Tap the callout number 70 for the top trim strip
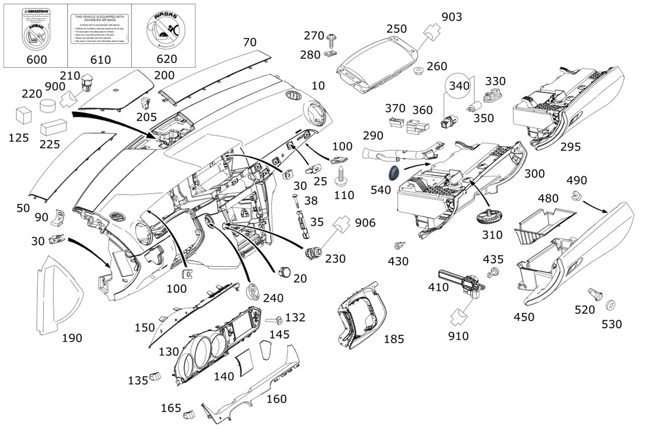(x=249, y=42)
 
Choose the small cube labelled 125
(x=25, y=115)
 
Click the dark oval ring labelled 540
(x=391, y=173)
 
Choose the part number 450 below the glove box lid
(x=524, y=317)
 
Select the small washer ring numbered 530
(x=610, y=304)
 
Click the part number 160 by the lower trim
(x=276, y=399)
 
